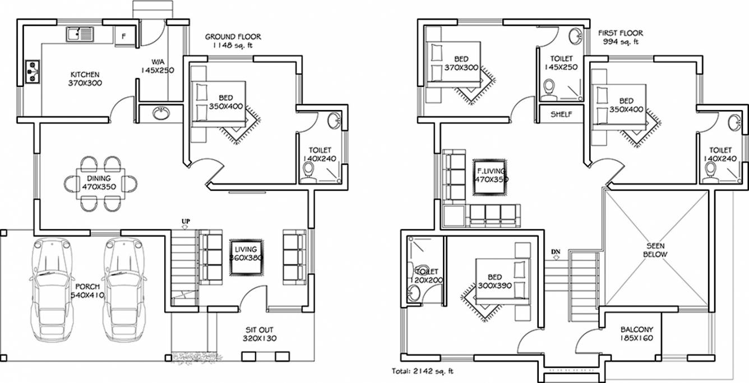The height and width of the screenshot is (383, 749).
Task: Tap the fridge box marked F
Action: [124, 37]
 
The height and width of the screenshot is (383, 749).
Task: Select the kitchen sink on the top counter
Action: [81, 35]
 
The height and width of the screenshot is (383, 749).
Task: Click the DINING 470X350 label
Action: [99, 183]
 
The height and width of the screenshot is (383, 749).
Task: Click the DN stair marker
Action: [556, 251]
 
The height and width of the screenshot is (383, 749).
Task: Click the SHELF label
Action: [561, 114]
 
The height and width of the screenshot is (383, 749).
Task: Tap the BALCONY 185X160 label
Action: [636, 334]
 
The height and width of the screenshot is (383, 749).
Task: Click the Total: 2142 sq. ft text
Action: [423, 371]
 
